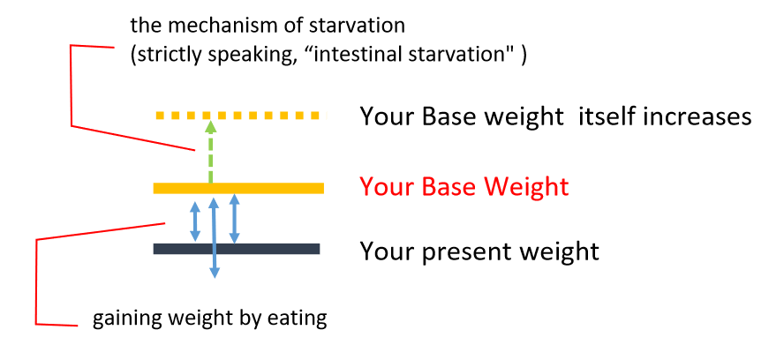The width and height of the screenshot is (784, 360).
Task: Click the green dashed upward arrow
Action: (210, 152)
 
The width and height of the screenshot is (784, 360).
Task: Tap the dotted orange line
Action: (242, 116)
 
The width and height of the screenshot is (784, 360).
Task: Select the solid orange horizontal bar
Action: (238, 188)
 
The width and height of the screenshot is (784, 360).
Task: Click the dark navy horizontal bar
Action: (236, 249)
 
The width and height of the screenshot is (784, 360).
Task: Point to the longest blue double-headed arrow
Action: (214, 237)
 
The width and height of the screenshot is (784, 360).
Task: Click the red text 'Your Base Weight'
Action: (464, 187)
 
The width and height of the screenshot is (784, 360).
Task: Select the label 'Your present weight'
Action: (479, 251)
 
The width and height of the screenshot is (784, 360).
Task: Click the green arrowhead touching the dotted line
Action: (210, 126)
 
